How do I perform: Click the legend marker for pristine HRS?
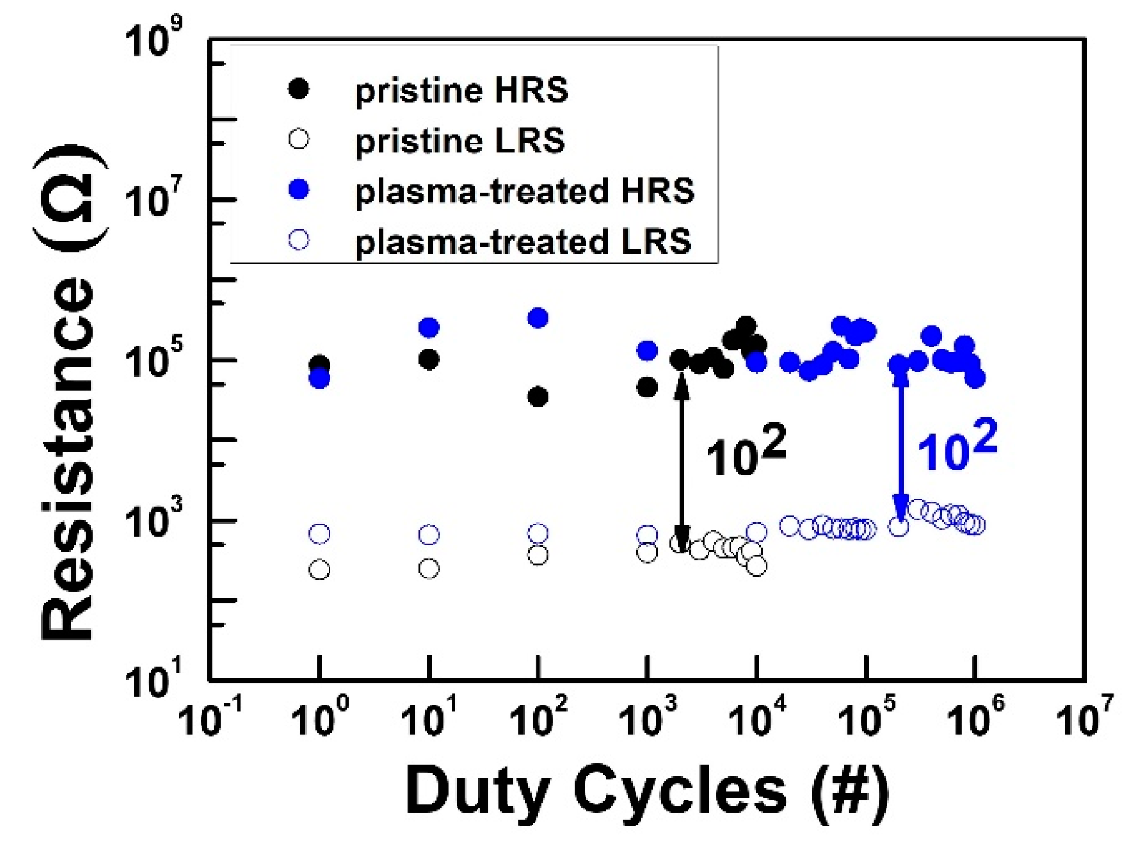click(299, 89)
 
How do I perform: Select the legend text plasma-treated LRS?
click(523, 242)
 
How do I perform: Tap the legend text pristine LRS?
click(460, 141)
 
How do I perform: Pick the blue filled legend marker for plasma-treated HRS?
click(299, 190)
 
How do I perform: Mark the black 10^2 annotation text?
click(745, 453)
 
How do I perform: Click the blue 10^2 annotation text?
click(956, 447)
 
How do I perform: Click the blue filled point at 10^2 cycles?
click(538, 318)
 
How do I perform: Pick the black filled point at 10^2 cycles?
click(538, 397)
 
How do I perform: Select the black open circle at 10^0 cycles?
click(319, 570)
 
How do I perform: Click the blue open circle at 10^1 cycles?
click(429, 535)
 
